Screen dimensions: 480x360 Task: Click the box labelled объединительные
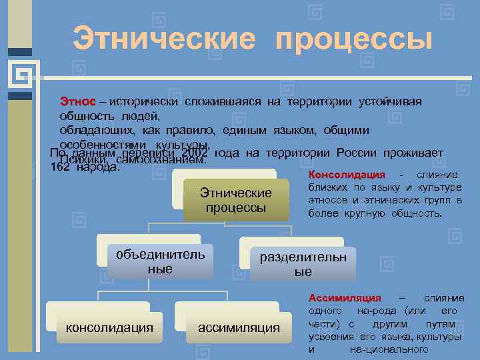coord(161,261)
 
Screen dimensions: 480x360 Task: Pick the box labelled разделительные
coord(303,264)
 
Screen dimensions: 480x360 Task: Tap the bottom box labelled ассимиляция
coord(238,327)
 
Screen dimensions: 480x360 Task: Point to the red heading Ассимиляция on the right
coord(345,298)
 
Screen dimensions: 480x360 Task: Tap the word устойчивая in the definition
coord(391,102)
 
